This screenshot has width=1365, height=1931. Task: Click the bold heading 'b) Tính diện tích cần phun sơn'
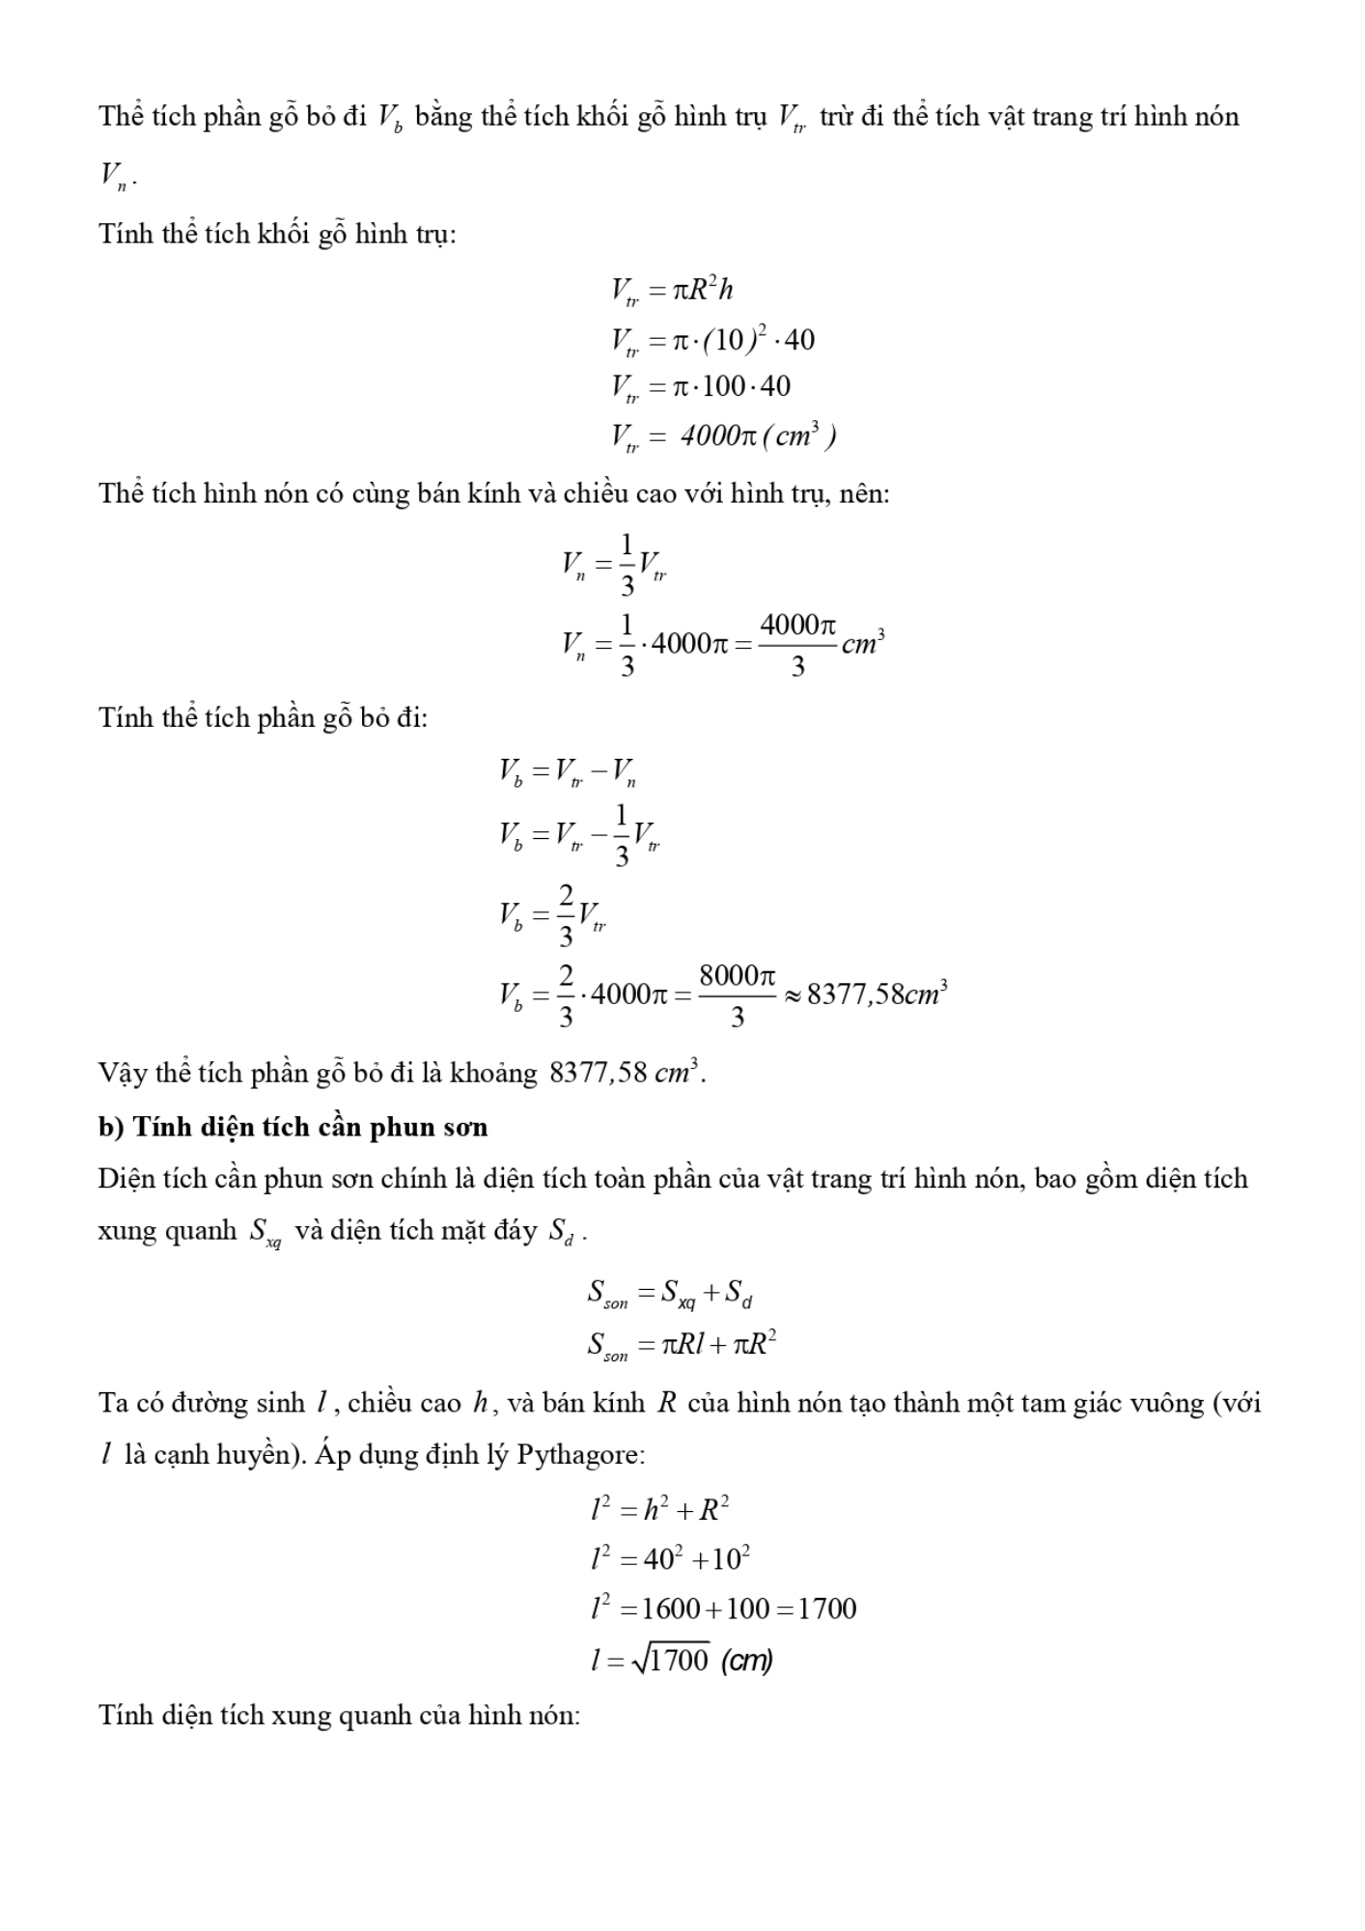coord(292,1127)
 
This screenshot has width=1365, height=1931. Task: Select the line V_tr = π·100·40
coord(700,387)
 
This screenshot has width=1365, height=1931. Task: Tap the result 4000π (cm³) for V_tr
coord(758,436)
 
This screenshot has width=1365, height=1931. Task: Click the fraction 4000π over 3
coord(797,644)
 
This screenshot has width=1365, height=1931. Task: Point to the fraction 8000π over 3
coord(738,994)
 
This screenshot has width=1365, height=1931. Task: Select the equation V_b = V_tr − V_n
coord(568,771)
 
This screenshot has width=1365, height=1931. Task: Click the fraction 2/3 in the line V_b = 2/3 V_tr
coord(566,914)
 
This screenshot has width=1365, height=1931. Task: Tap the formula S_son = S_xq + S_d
coord(669,1293)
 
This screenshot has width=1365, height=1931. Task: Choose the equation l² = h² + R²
coord(659,1508)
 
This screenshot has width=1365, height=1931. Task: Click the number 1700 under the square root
coord(680,1660)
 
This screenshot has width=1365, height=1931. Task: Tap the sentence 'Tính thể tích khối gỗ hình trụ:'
coord(277,234)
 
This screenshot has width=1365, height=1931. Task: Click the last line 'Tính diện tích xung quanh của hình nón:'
coord(339,1716)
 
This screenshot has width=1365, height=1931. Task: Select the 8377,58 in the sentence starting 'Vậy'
coord(598,1073)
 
